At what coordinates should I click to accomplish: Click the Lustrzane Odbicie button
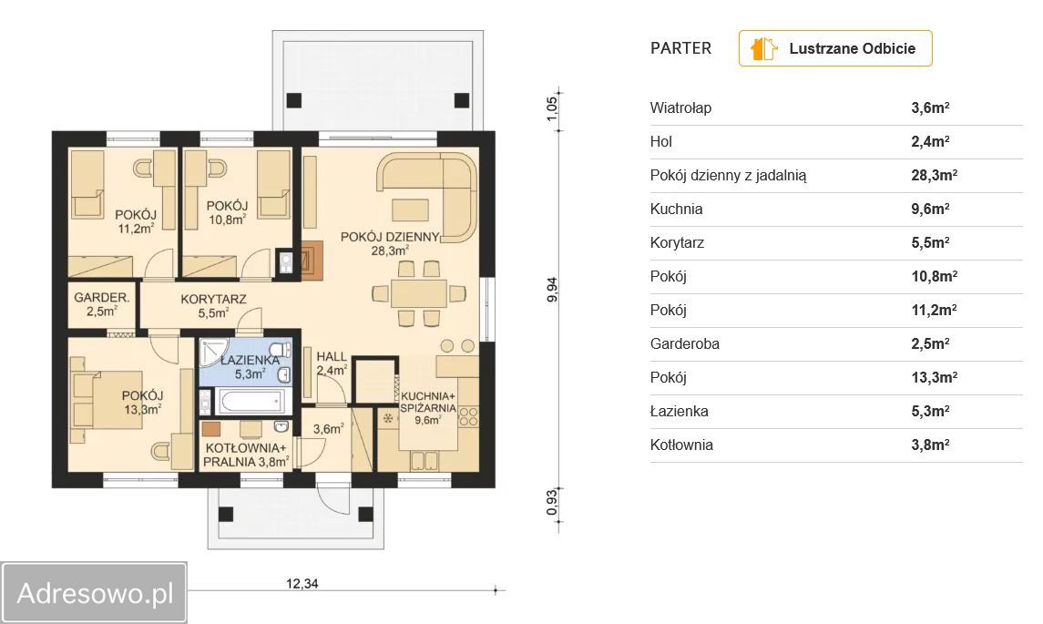(834, 48)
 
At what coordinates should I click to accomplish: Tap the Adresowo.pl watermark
(94, 593)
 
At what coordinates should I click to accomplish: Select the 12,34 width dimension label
(302, 583)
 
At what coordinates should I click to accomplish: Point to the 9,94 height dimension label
(552, 290)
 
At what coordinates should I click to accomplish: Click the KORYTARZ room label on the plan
(213, 300)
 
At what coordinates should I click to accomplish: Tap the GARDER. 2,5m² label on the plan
(102, 304)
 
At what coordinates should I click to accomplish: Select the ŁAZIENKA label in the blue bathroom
(251, 360)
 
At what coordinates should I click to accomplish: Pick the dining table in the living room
(418, 293)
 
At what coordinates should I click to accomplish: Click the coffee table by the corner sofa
(410, 210)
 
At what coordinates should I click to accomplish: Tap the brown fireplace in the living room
(313, 259)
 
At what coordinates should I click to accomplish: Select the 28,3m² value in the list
(934, 175)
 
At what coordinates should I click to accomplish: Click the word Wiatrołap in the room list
(680, 107)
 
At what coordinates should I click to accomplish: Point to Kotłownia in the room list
(681, 445)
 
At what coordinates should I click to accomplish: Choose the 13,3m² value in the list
(934, 377)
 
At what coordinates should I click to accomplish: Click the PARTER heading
(680, 48)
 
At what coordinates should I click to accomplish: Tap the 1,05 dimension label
(552, 109)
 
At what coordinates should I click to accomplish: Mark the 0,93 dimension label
(552, 502)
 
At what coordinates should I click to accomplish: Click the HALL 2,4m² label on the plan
(332, 363)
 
